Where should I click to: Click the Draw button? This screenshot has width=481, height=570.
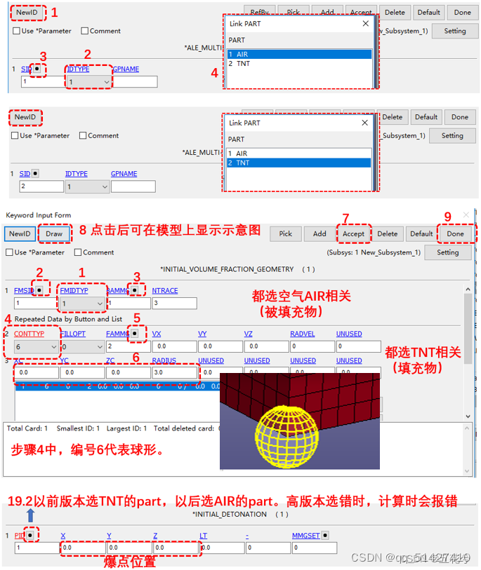click(x=54, y=233)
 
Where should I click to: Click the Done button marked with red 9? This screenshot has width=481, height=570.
click(x=455, y=233)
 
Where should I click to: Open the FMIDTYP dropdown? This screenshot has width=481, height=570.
click(x=83, y=304)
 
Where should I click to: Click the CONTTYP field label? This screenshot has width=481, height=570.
click(x=29, y=334)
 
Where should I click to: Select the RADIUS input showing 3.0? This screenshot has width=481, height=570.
click(x=174, y=373)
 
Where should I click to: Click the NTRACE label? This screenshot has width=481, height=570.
click(x=164, y=290)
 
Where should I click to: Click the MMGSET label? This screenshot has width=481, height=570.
click(x=305, y=536)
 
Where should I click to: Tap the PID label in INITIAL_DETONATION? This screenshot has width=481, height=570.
click(x=19, y=536)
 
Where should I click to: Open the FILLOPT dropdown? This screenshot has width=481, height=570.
click(x=83, y=346)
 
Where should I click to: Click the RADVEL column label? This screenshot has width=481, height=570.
click(x=302, y=334)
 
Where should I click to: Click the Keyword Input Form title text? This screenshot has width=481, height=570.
click(x=38, y=215)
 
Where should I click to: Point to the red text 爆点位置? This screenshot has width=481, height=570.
click(x=129, y=561)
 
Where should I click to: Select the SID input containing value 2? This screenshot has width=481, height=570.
click(x=41, y=187)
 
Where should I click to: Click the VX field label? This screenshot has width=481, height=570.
click(x=157, y=334)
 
